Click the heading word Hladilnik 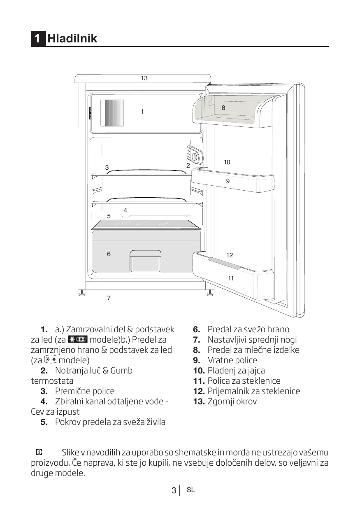point(72,39)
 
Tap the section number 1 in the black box point(37,39)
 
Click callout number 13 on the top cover point(144,78)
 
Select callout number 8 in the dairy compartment point(223,108)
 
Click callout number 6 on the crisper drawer point(109,254)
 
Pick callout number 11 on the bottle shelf point(231,278)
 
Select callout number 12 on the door point(230,255)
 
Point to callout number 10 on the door point(227,162)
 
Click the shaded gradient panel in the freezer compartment point(112,113)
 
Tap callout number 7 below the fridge point(109,298)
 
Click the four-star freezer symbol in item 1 point(77,340)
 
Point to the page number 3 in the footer point(174,490)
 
